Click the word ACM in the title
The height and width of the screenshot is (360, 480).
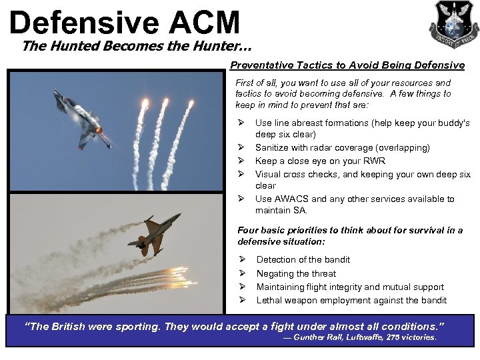tap(204, 22)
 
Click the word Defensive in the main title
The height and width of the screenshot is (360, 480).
tap(83, 22)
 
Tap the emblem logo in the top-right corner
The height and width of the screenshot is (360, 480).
tap(453, 24)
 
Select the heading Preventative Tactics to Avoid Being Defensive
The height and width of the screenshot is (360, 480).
tap(347, 65)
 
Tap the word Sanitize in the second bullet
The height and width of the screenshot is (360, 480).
tap(274, 148)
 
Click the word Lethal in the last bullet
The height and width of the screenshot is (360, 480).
tap(269, 300)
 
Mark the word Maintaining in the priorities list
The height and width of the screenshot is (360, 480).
tap(284, 287)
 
